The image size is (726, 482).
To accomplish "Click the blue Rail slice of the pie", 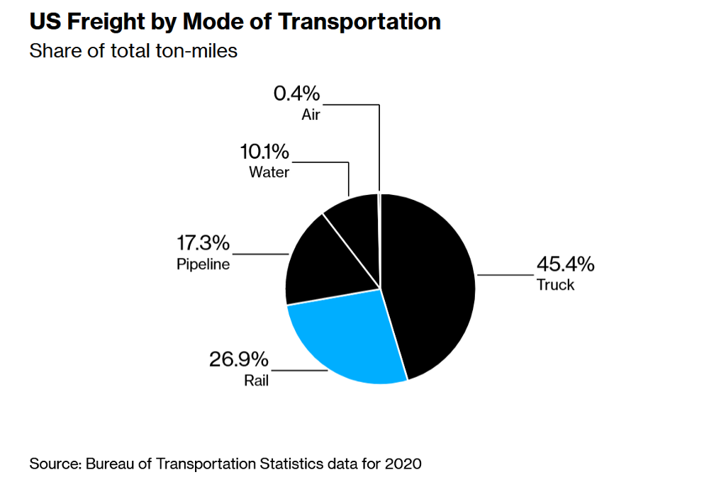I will tap(340, 340).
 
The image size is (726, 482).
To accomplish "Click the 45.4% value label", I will tap(565, 265).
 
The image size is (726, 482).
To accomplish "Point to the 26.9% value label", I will tap(238, 359).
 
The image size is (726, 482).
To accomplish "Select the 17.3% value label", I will tap(203, 244).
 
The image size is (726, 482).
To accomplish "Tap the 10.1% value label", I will tap(264, 152).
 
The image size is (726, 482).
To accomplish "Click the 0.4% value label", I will tap(296, 94).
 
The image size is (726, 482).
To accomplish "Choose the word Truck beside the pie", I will tap(555, 286).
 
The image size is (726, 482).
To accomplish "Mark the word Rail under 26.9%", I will tap(256, 381).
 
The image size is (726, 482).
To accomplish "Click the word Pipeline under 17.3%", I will tap(203, 265).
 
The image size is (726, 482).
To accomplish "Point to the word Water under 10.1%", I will tap(269, 172).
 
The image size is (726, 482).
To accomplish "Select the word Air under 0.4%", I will tap(311, 115).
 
